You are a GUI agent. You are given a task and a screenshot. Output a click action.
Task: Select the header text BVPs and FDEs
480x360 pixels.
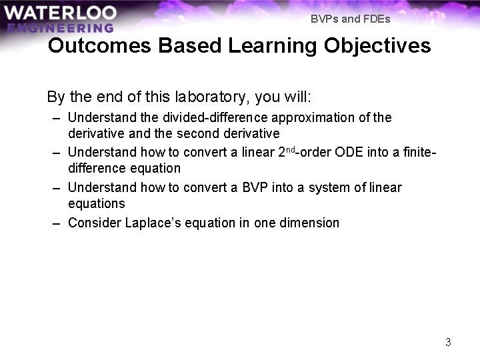tap(350, 19)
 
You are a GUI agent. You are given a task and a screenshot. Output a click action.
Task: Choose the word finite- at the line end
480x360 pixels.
tap(419, 152)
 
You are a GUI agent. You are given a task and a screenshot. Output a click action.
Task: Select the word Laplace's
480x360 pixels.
tap(153, 223)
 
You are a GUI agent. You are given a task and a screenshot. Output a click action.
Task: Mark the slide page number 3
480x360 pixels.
tap(448, 342)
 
